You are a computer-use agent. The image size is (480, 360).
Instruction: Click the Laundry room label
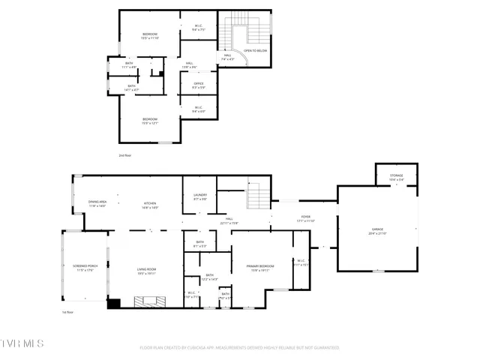point(199,196)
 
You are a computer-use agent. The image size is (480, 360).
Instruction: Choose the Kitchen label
point(150,205)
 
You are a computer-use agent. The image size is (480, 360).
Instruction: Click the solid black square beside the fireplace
point(114,304)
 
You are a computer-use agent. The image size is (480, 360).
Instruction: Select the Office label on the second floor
point(199,85)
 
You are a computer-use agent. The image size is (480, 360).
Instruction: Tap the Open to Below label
point(255,51)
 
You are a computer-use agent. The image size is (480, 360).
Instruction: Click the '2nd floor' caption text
point(124,155)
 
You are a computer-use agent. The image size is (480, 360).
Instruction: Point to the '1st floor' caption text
point(67,313)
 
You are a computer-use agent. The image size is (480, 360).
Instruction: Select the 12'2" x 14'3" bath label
point(209,277)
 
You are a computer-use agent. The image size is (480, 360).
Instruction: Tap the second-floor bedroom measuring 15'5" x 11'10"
point(150,36)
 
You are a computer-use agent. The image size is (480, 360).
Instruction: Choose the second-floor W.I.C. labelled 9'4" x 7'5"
point(199,28)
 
